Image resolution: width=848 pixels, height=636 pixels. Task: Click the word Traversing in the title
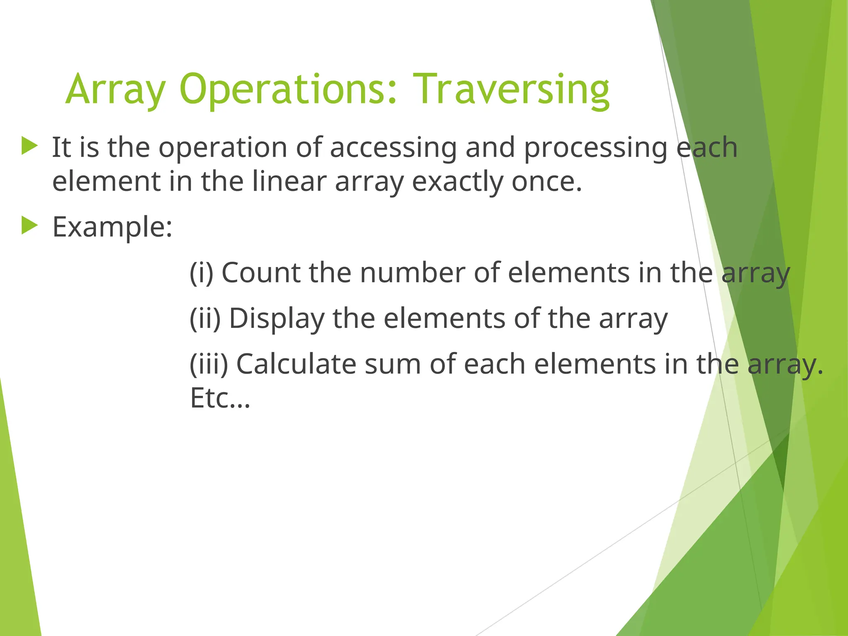click(x=511, y=89)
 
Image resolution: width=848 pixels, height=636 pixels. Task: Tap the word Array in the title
click(x=116, y=89)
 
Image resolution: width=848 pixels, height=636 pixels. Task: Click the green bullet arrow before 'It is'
click(x=29, y=146)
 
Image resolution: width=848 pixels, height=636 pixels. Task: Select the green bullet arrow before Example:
click(x=29, y=226)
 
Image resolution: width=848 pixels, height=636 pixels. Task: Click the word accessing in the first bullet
click(x=393, y=147)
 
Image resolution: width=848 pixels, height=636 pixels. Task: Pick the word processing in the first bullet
click(x=595, y=147)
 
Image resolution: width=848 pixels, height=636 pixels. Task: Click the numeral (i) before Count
click(x=201, y=273)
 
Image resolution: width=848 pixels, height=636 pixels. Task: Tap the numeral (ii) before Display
click(x=205, y=318)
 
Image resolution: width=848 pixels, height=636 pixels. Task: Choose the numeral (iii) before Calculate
click(x=209, y=364)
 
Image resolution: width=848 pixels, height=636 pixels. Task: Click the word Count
click(x=261, y=273)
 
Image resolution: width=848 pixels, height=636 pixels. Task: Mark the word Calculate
click(x=296, y=364)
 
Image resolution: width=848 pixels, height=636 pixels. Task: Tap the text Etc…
click(x=220, y=398)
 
